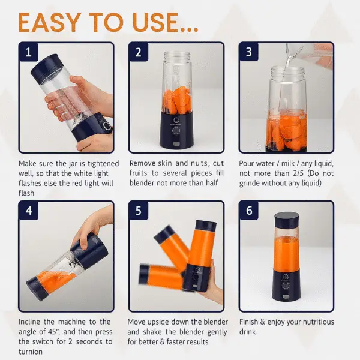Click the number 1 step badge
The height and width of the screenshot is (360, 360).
28,52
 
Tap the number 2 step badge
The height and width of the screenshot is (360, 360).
138,52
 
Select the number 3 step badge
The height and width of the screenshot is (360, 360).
248,52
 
